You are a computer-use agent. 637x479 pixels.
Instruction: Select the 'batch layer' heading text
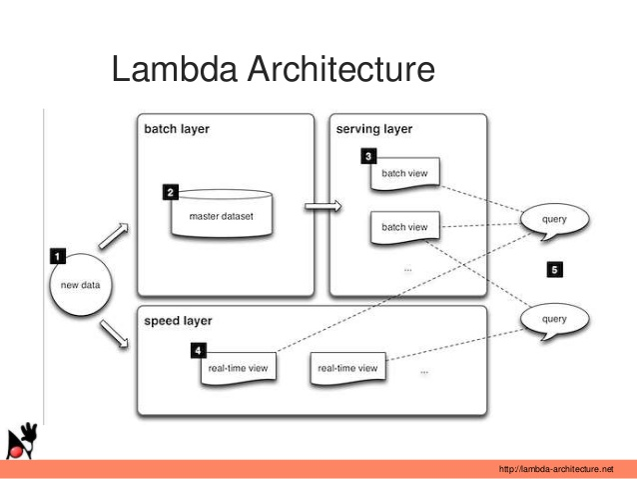click(177, 130)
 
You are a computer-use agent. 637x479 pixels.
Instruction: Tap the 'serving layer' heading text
click(373, 130)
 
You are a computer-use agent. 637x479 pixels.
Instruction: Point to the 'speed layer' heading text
click(178, 321)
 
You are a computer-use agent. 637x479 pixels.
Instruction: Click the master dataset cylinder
click(222, 213)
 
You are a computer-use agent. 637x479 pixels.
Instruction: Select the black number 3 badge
click(369, 157)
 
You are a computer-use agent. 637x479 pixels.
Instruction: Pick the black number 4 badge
click(199, 351)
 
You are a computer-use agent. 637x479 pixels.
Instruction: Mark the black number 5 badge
click(554, 269)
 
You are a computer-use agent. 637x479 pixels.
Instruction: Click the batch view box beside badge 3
click(404, 174)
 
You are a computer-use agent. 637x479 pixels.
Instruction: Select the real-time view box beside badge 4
click(238, 369)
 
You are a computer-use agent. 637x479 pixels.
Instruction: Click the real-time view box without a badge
click(347, 369)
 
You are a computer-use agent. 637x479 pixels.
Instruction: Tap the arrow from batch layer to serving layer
click(321, 207)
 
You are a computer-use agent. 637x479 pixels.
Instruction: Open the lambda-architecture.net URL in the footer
click(554, 468)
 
